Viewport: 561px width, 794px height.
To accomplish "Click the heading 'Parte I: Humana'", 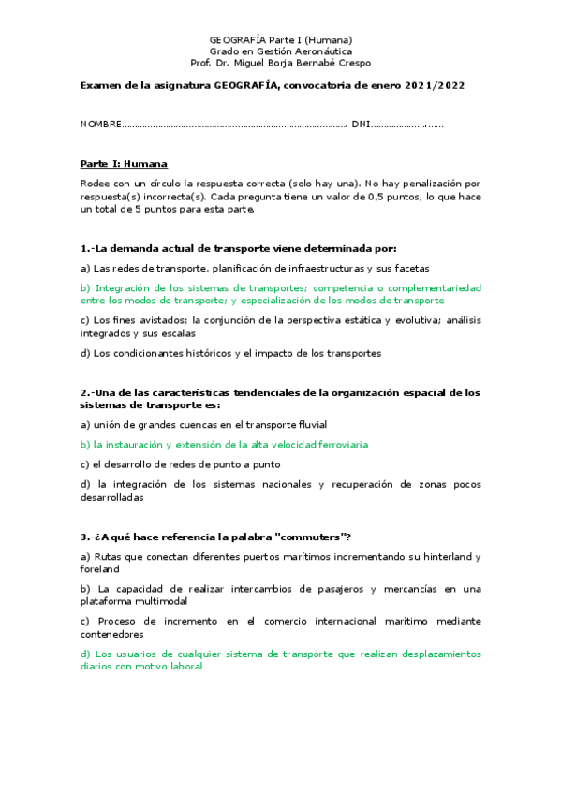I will coord(124,164).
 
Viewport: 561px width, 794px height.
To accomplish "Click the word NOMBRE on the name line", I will coord(100,125).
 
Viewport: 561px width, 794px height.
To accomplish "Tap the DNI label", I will coord(361,125).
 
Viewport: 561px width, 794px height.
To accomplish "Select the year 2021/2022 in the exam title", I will coord(435,85).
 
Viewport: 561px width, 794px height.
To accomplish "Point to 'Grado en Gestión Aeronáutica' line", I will coord(280,51).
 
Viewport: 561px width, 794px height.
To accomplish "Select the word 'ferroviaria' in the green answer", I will coord(340,445).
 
